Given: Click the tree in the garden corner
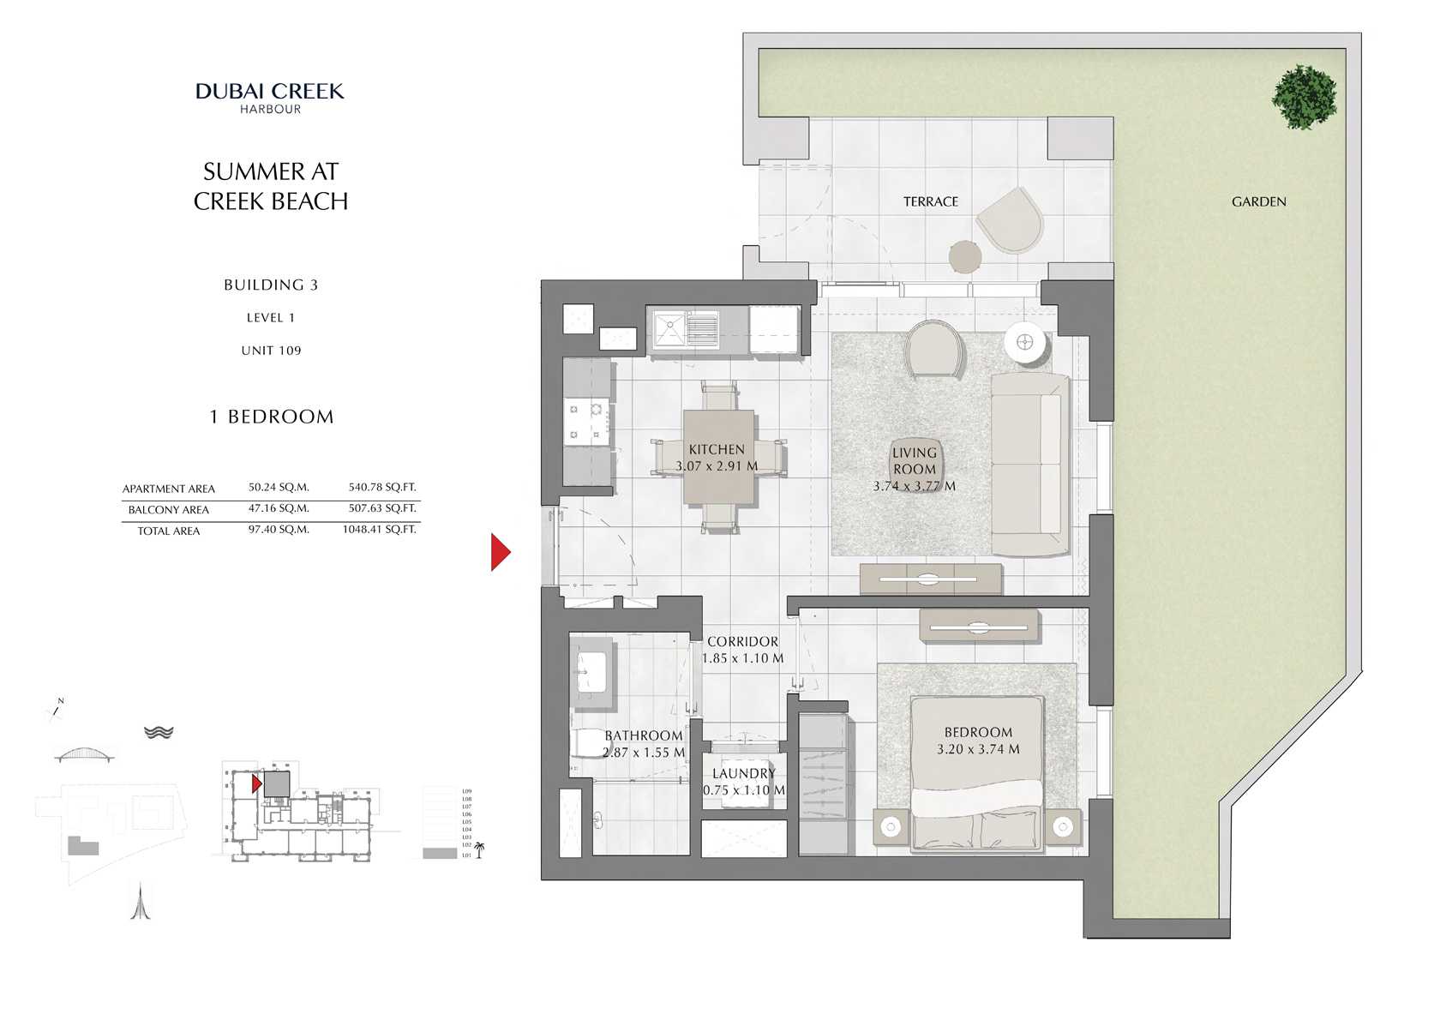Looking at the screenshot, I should pos(1304,97).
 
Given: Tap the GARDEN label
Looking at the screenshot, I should pos(1258,201).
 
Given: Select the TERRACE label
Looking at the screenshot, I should pos(930,201).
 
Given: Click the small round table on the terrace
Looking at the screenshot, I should pos(965,256).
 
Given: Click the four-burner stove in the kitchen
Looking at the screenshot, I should pos(587,421).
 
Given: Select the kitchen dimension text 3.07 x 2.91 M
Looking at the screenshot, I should pos(717,466).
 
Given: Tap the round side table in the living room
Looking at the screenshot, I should pos(1025,343).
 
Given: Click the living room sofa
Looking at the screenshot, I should pos(1028,464).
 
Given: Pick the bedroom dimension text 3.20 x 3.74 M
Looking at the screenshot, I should pos(978,749).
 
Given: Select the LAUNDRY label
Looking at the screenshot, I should pos(743,773).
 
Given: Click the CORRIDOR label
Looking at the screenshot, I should pos(742,641).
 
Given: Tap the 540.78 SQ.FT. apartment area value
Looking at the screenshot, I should pos(382,487).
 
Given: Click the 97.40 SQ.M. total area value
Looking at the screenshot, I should pos(279,530).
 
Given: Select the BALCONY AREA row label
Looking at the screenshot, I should pos(169,509).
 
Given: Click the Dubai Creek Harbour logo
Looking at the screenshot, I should pos(270,97).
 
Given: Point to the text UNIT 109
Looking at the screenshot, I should pos(271,351).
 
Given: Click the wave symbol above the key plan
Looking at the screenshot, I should pos(159,732).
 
